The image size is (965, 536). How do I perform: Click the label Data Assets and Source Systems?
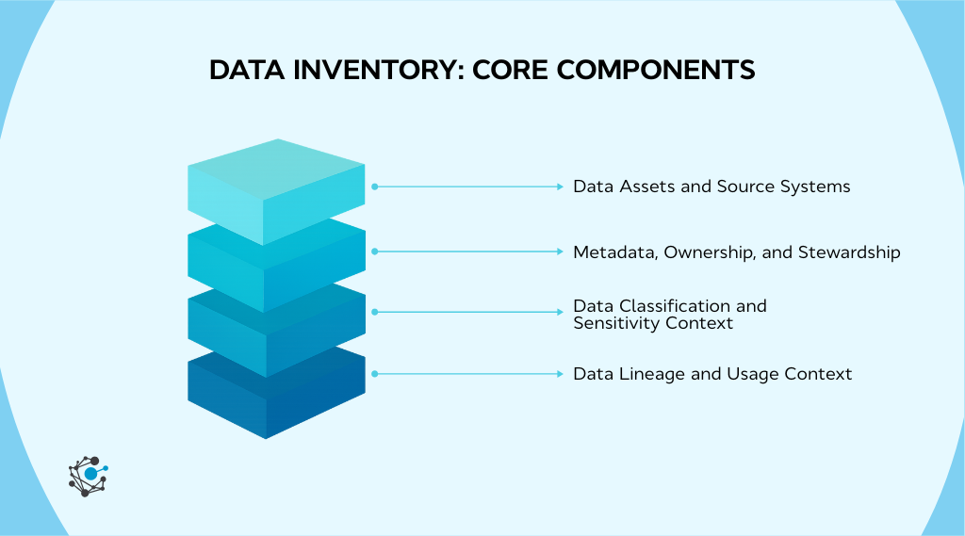[x=711, y=187]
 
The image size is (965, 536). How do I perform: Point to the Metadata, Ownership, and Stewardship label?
[x=736, y=252]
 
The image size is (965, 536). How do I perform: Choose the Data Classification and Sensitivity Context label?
[x=669, y=315]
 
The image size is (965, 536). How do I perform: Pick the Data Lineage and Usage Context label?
[x=712, y=374]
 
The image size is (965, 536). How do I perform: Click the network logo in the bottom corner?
[x=88, y=474]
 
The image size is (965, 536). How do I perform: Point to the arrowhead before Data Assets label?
[x=560, y=187]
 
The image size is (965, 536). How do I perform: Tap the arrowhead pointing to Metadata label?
[x=560, y=252]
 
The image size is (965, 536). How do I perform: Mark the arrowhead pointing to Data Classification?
[x=560, y=311]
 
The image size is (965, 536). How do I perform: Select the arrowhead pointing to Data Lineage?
[x=560, y=374]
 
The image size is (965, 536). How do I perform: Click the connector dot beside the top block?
[x=374, y=187]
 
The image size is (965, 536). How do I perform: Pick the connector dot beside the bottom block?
[x=374, y=374]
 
